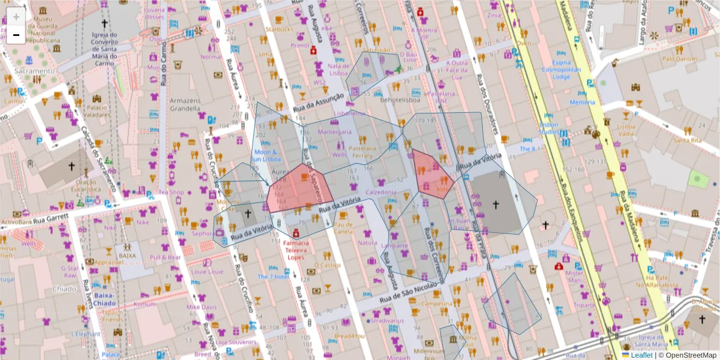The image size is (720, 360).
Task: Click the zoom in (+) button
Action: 16,17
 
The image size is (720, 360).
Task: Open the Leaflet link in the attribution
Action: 643,355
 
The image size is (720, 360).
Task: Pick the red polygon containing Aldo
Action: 431,174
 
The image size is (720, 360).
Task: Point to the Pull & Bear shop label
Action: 166,257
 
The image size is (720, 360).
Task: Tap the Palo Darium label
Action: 679,59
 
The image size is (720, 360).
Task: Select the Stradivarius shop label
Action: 387,321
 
